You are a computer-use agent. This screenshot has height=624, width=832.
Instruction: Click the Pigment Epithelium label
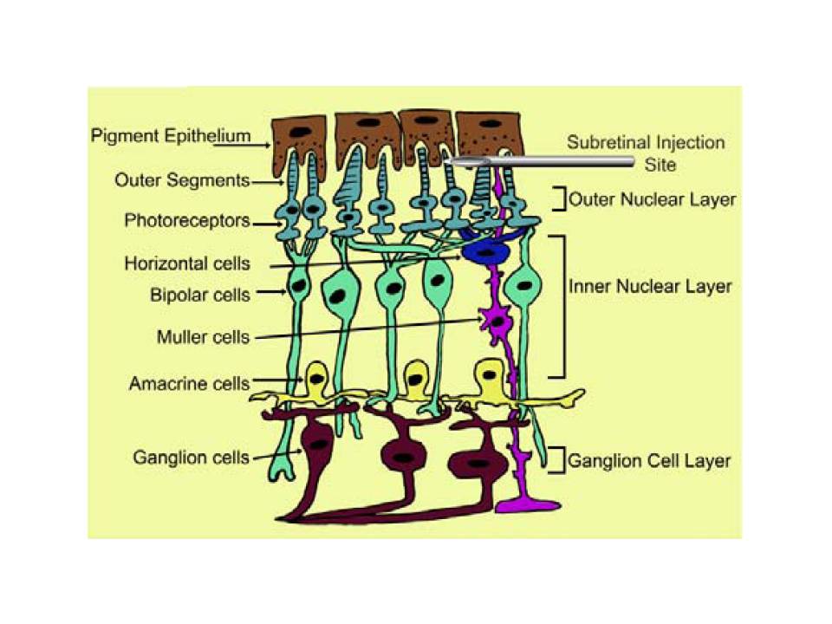(171, 136)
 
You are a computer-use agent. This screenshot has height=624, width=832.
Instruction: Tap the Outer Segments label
(182, 180)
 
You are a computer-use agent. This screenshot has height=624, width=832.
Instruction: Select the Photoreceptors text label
(187, 220)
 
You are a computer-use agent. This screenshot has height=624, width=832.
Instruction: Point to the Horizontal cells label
(187, 263)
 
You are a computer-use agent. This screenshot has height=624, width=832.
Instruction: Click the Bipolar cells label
(200, 295)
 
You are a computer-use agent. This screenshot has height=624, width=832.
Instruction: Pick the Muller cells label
(203, 337)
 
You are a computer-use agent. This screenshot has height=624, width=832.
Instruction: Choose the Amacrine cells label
(190, 383)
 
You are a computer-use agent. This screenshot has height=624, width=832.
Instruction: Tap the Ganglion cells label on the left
(191, 458)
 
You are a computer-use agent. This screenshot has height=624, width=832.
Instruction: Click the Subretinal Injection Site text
(646, 153)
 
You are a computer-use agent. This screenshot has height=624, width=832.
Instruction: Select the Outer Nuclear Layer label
(652, 200)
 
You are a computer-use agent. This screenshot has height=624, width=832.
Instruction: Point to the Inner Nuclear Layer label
(650, 287)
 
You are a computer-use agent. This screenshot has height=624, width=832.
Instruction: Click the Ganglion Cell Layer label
(649, 460)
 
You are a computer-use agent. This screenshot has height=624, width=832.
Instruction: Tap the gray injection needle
(541, 161)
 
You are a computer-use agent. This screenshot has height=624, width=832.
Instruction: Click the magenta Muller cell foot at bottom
(528, 505)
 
